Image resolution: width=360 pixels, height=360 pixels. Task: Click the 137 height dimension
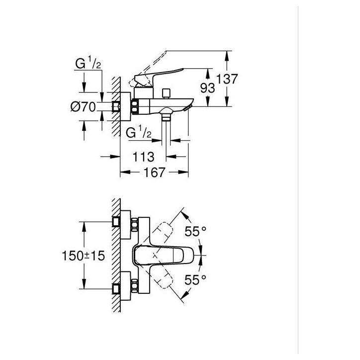227,79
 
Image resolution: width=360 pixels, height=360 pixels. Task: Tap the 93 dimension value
207,88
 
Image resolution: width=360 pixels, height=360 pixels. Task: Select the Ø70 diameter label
83,107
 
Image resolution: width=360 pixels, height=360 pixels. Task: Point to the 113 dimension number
144,157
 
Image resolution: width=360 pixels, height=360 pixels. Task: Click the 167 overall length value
154,172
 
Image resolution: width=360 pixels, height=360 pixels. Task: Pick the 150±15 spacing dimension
84,256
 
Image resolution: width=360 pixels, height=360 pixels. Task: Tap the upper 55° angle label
195,231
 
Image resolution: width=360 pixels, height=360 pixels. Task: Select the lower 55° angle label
195,279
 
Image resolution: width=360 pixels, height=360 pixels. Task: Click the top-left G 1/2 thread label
88,64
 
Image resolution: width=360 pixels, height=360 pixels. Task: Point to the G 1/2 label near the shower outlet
139,133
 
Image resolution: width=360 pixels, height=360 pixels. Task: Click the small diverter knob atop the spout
165,93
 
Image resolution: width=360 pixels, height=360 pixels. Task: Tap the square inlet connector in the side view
116,107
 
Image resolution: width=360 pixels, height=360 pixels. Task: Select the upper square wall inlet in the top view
116,222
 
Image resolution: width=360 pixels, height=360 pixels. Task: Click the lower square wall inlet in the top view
116,289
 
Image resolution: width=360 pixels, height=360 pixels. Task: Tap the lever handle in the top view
164,255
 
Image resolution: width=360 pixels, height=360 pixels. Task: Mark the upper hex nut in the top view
135,225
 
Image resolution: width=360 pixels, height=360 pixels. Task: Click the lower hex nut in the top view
135,286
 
